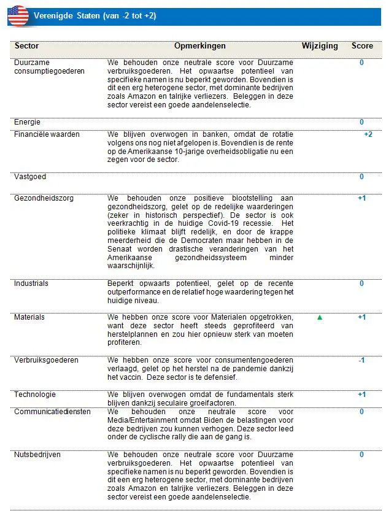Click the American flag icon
click(18, 15)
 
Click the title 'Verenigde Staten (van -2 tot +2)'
click(95, 15)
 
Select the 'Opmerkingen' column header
click(199, 46)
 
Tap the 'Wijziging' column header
click(320, 46)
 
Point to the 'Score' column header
click(362, 46)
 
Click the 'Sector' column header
click(26, 46)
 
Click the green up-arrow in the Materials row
click(320, 317)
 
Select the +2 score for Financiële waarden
click(368, 134)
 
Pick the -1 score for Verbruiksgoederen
click(361, 360)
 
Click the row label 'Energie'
click(28, 122)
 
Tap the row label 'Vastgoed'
click(30, 177)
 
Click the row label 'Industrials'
click(31, 283)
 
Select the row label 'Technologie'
click(35, 395)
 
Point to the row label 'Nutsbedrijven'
click(37, 455)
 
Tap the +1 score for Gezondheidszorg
click(361, 198)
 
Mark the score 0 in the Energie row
click(361, 122)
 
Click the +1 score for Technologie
click(361, 395)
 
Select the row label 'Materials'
click(29, 317)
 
